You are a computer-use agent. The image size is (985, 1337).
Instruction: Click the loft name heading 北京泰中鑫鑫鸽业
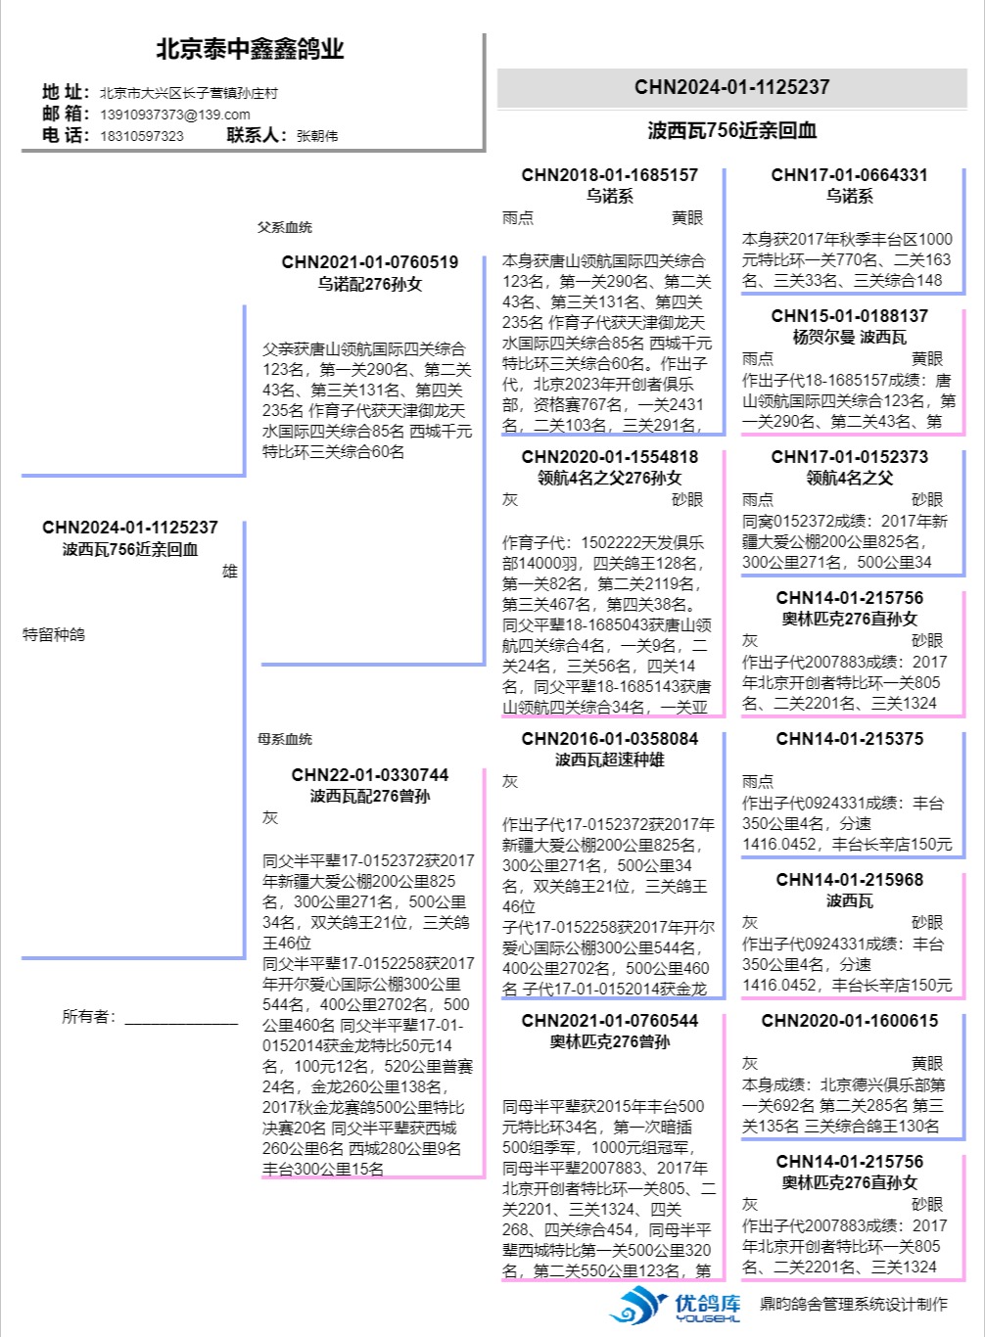pos(250,49)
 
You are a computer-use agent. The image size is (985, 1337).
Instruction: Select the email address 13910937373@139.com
pos(175,115)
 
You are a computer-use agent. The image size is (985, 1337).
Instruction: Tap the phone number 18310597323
pos(142,136)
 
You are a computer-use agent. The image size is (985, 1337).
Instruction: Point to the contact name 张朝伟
pos(317,136)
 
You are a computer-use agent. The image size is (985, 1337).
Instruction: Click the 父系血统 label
pos(285,227)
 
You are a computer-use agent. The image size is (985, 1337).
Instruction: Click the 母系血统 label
pos(285,739)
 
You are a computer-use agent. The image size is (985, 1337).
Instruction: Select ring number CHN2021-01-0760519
pos(370,262)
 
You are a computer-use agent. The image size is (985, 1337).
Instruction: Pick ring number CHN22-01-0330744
pos(370,775)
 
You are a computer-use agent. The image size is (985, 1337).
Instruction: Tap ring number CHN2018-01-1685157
pos(610,175)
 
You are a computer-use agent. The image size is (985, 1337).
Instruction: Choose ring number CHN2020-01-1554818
pos(610,457)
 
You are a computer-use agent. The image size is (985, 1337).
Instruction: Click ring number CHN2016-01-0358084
pos(610,739)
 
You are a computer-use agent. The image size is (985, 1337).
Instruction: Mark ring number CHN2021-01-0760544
pos(610,1021)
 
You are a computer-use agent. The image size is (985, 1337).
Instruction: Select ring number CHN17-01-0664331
pos(849,175)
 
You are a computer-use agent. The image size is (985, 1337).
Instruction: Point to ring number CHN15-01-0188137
pos(849,316)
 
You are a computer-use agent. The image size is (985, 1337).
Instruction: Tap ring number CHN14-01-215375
pos(849,739)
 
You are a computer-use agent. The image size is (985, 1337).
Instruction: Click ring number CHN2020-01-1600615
pos(849,1021)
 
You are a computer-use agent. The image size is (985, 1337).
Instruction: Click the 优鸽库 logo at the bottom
pos(676,1305)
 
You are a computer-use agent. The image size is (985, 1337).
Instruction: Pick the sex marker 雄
pos(230,572)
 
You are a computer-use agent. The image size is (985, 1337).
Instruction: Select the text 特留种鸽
pos(54,634)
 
